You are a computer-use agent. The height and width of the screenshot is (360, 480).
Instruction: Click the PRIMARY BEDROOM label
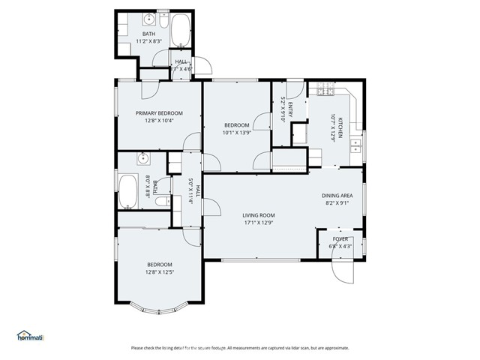pyautogui.click(x=159, y=113)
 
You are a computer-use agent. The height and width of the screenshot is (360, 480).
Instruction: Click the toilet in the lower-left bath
pyautogui.click(x=160, y=200)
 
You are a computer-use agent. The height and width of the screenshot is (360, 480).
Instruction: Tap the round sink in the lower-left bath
pyautogui.click(x=144, y=158)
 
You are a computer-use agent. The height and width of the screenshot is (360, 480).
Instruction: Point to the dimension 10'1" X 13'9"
pyautogui.click(x=238, y=133)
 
